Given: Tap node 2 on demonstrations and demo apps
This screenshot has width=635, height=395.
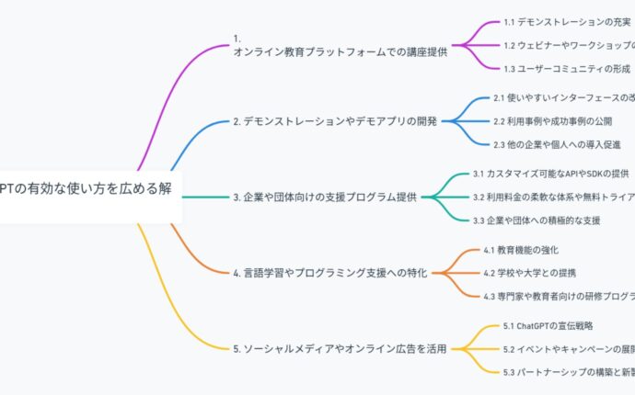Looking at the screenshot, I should (335, 120).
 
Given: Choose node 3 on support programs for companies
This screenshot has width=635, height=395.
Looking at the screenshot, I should (324, 196).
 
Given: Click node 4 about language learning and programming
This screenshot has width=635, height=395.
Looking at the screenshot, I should (329, 272).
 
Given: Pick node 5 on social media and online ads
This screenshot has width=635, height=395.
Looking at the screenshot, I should (340, 348).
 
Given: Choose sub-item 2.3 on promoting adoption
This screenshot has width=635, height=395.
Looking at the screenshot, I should (557, 144).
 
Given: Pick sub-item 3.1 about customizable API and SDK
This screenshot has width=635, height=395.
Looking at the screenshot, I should (550, 173).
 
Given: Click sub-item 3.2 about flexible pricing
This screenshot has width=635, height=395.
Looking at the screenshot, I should (552, 197).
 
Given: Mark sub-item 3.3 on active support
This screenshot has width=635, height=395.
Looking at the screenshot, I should (536, 220).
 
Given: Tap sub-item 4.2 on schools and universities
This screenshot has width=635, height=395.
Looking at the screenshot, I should (528, 272).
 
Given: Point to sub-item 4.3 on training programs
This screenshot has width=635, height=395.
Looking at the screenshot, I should (558, 296).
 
